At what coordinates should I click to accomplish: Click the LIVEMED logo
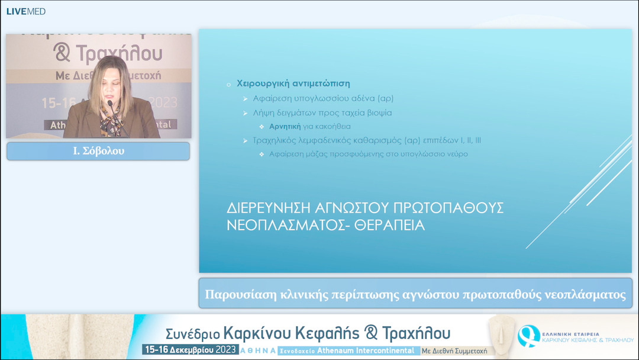click(25, 11)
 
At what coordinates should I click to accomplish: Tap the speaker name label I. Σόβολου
click(98, 151)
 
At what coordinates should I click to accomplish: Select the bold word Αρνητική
click(285, 126)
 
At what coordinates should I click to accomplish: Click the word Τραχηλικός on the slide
click(277, 140)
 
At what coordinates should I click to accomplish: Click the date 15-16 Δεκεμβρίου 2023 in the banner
click(190, 350)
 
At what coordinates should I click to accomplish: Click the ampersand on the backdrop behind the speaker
click(62, 54)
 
